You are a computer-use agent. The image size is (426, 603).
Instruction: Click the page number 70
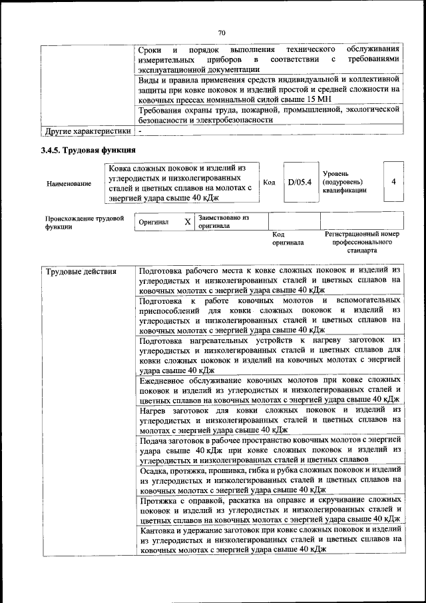222,32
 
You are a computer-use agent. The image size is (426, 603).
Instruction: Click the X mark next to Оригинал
188,221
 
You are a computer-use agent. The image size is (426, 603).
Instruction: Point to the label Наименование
69,183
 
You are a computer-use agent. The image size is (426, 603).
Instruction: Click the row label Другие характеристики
87,131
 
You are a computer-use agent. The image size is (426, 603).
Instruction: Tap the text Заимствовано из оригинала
223,221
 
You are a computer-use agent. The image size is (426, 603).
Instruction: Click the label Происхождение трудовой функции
85,222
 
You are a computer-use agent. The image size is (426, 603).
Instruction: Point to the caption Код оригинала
288,239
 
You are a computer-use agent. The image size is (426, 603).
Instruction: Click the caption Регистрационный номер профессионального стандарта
361,243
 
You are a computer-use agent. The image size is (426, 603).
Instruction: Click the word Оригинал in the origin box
153,222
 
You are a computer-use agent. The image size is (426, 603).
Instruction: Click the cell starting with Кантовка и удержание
270,539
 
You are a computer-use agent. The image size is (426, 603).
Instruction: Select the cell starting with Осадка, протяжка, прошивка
270,479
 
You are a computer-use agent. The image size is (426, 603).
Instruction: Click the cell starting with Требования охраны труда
270,114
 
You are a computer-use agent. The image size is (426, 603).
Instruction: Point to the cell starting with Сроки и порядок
270,59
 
